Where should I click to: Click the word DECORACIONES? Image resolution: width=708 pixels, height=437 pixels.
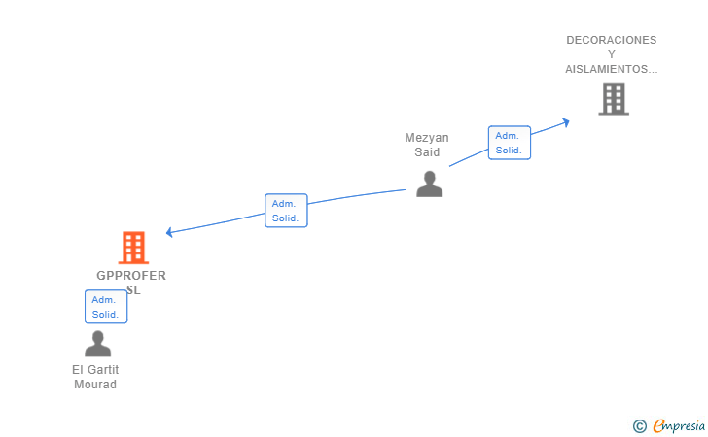tap(611, 40)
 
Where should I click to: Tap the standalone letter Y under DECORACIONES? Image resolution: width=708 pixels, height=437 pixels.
tap(612, 54)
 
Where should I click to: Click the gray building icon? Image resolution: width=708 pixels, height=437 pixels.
tap(613, 98)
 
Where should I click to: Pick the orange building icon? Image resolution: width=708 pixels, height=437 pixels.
tap(133, 248)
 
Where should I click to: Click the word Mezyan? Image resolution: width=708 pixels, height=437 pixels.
tap(427, 138)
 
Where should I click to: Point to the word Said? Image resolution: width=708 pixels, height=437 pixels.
tap(427, 152)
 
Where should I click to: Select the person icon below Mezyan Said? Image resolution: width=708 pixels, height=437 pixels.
tap(429, 184)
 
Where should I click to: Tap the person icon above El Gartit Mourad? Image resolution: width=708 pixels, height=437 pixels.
tap(97, 344)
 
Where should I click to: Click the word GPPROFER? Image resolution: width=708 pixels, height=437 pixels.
tap(131, 276)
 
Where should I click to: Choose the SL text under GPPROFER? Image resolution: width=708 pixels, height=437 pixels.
tap(133, 289)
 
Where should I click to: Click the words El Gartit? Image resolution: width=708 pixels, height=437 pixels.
tap(95, 370)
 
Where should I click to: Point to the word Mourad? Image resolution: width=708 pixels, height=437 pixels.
tap(95, 385)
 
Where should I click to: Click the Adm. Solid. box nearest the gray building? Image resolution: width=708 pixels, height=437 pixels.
tap(509, 143)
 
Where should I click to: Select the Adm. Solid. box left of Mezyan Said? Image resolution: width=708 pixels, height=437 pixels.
tap(286, 211)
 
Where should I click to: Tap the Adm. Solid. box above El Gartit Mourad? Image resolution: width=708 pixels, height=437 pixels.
tap(106, 307)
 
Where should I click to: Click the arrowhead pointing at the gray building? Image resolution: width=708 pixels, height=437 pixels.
tap(565, 121)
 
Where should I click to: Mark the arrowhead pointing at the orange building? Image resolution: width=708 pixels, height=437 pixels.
tap(170, 232)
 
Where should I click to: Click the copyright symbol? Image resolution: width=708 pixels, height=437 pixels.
tap(639, 425)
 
